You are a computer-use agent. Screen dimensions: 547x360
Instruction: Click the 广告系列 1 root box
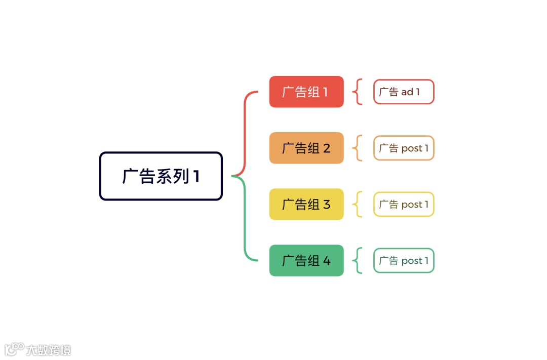[x=161, y=176]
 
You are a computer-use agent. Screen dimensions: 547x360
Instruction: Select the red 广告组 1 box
[x=306, y=92]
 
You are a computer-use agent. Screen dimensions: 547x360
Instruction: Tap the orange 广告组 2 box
[x=306, y=148]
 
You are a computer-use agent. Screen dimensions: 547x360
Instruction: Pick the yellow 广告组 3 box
[x=306, y=204]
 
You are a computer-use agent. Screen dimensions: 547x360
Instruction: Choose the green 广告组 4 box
[x=306, y=260]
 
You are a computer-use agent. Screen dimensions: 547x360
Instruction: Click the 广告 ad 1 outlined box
[x=404, y=92]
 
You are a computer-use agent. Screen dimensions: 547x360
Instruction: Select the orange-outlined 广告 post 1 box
[x=404, y=148]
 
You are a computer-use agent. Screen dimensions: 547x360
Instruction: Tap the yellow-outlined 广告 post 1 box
[x=404, y=204]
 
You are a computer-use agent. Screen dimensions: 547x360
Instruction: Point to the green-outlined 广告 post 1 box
[x=404, y=260]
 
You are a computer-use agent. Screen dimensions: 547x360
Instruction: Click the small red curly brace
[x=358, y=92]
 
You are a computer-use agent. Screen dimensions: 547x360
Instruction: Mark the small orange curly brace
[x=358, y=148]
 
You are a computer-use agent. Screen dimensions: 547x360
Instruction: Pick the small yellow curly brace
[x=358, y=204]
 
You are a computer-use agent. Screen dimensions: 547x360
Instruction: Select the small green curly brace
[x=358, y=260]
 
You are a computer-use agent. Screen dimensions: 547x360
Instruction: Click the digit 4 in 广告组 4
[x=326, y=261]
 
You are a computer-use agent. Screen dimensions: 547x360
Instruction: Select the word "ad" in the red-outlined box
[x=407, y=92]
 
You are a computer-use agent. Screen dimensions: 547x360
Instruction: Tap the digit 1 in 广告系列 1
[x=196, y=177]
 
